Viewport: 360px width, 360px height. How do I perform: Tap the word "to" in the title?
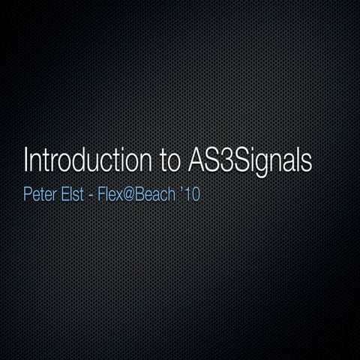pos(165,162)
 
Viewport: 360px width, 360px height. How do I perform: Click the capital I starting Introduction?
pos(26,161)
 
